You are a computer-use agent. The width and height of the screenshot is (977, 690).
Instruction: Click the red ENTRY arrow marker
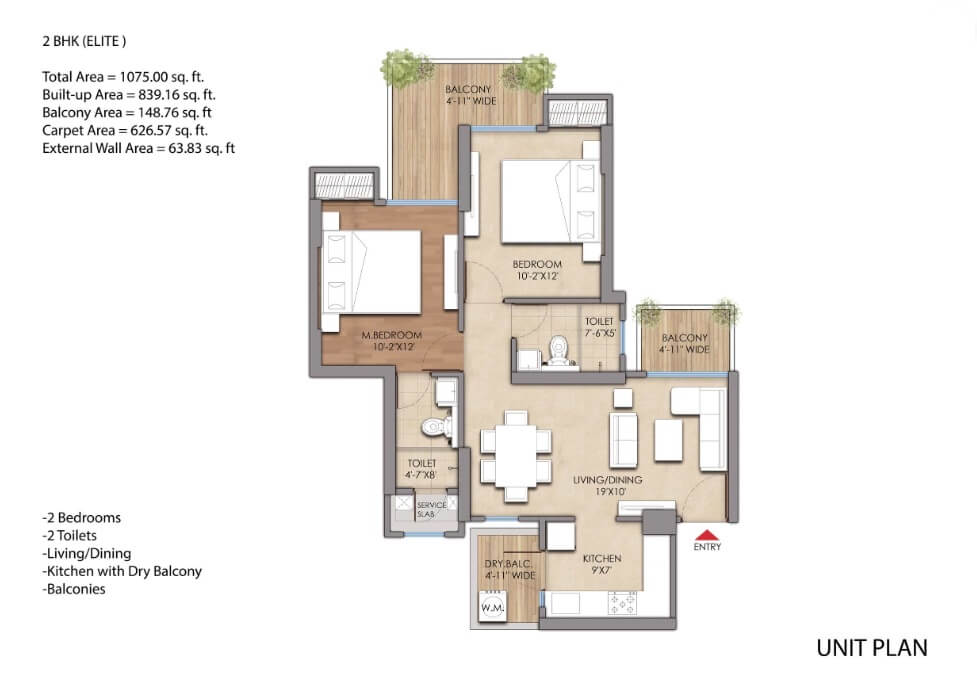(707, 535)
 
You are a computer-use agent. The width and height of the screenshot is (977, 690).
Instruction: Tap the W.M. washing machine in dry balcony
(492, 606)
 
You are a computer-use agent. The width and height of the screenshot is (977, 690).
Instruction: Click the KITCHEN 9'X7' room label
(602, 564)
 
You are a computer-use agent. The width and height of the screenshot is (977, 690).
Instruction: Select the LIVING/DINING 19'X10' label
(608, 486)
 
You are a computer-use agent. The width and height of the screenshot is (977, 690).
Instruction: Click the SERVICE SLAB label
(431, 509)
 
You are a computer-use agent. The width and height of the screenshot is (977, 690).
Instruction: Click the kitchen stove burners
(622, 603)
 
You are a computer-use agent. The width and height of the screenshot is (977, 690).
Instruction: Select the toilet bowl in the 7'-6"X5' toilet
(558, 351)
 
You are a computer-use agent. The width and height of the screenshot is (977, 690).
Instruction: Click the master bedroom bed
(371, 272)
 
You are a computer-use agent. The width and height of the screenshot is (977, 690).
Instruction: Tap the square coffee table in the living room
(668, 440)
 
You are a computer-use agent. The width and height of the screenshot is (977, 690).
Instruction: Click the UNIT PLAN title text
(872, 648)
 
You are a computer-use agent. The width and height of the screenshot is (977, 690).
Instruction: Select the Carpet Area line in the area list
(125, 130)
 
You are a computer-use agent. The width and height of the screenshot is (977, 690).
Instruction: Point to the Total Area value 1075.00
(144, 77)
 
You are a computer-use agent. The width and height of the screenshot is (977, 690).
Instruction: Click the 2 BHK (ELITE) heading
(84, 41)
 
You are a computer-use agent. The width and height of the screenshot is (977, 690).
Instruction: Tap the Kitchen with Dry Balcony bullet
(122, 571)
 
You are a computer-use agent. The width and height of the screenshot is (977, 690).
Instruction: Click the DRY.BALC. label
(508, 563)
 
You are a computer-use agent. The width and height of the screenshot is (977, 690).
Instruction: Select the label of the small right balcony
(685, 343)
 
